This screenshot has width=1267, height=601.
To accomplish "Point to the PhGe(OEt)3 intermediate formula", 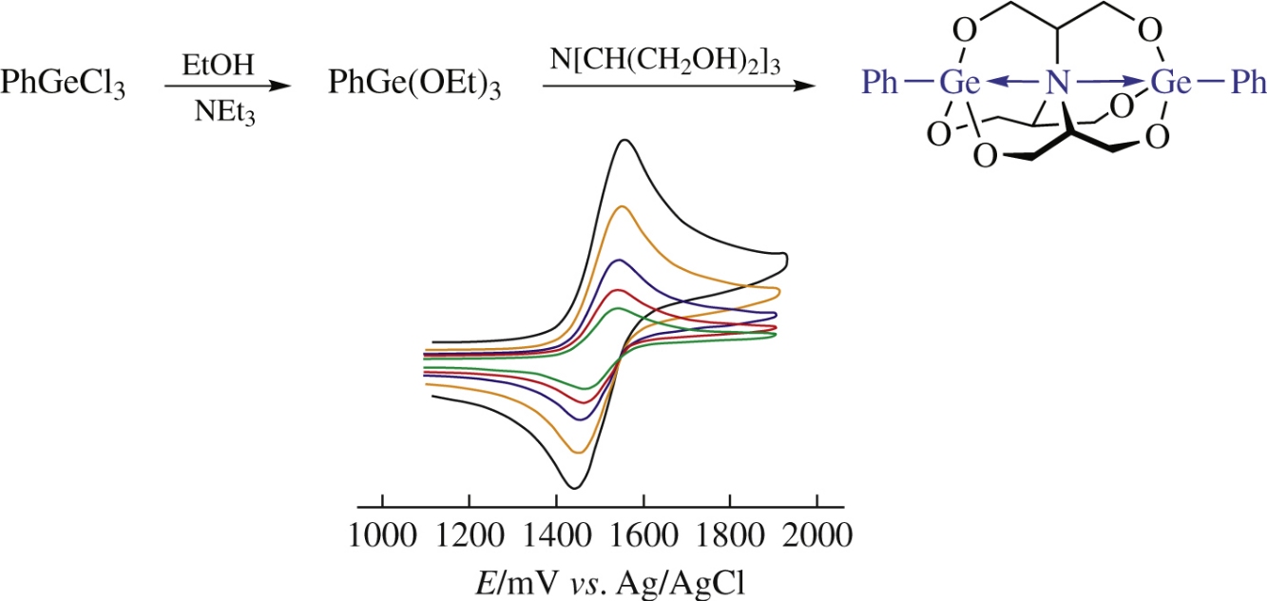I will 413,86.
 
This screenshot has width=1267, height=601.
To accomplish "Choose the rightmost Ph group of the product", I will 1245,85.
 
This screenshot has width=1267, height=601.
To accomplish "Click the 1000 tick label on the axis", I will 382,533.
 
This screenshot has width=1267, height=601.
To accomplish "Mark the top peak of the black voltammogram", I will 624,141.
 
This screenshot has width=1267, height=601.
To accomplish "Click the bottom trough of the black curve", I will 573,488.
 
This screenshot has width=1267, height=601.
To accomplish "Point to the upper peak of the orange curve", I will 622,206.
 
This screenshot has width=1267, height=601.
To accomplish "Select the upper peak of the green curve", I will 618,309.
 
